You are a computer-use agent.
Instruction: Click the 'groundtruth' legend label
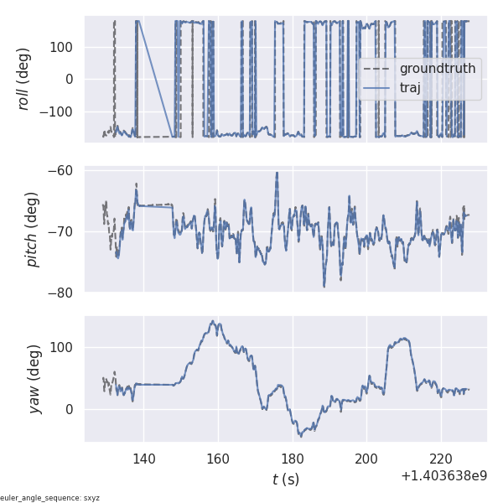(437, 69)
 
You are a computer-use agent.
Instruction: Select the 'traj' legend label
(411, 88)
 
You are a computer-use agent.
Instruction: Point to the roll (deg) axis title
(25, 79)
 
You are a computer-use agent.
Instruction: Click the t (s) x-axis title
(285, 480)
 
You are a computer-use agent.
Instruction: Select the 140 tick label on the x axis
(143, 459)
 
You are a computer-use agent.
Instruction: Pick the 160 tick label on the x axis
(218, 459)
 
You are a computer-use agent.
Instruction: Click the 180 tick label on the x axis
(293, 459)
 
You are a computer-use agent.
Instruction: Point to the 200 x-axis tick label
(367, 459)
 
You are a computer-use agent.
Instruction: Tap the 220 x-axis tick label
(441, 459)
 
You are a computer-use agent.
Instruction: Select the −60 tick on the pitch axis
(64, 171)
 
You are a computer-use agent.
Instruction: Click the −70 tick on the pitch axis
(64, 231)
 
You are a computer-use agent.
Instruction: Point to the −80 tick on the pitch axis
(64, 293)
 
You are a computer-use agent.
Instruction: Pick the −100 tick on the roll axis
(60, 112)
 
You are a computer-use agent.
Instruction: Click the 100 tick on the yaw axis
(64, 347)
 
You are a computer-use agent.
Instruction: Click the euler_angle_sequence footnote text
(50, 498)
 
